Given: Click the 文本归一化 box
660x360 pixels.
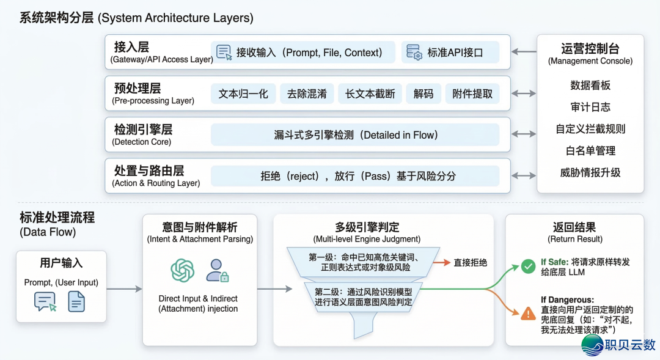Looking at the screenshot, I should click(243, 94).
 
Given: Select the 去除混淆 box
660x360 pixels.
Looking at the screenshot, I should click(307, 94).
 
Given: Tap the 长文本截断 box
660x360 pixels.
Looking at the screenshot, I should click(370, 94).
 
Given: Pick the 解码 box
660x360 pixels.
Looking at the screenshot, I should click(423, 94).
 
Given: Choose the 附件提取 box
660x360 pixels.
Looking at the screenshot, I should click(472, 94).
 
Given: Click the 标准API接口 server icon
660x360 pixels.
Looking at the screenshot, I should click(414, 53).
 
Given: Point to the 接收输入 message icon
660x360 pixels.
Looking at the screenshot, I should click(224, 53).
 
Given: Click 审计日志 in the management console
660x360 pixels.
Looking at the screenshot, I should click(590, 107).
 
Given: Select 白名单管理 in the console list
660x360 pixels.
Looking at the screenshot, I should click(590, 150).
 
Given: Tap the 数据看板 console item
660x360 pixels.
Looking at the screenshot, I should click(590, 86).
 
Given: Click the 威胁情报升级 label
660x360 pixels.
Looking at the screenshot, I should click(590, 172).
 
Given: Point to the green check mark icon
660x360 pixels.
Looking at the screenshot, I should click(528, 266).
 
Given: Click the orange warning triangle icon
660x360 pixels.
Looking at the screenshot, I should click(528, 313).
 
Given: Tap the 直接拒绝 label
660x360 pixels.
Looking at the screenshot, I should click(470, 263).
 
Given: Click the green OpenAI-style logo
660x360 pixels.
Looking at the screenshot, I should click(182, 270).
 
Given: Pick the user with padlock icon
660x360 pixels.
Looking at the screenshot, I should click(216, 270).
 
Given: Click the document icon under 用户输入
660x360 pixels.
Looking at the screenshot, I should click(76, 301).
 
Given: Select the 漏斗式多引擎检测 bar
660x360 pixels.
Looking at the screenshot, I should click(356, 135).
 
